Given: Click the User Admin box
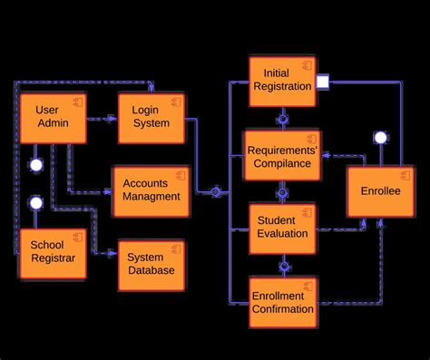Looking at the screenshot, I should (x=53, y=118).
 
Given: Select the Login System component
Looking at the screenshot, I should (x=151, y=118).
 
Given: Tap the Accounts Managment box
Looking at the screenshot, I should (x=151, y=190).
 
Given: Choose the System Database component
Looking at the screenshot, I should (x=151, y=264).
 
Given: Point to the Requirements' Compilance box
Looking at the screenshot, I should (x=283, y=155).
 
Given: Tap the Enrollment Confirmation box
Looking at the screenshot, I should (x=283, y=301).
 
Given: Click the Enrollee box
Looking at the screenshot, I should (x=380, y=191).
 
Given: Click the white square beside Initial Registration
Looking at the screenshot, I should (x=322, y=83).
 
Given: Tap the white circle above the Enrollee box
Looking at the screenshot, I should (x=380, y=138).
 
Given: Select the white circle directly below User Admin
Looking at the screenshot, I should (x=36, y=166).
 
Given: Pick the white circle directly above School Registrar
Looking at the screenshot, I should (x=36, y=202).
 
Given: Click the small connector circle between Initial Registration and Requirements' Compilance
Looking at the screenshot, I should (x=283, y=118).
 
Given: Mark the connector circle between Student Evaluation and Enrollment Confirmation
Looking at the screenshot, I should (x=283, y=266).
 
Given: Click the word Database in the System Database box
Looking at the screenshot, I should (x=151, y=270).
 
